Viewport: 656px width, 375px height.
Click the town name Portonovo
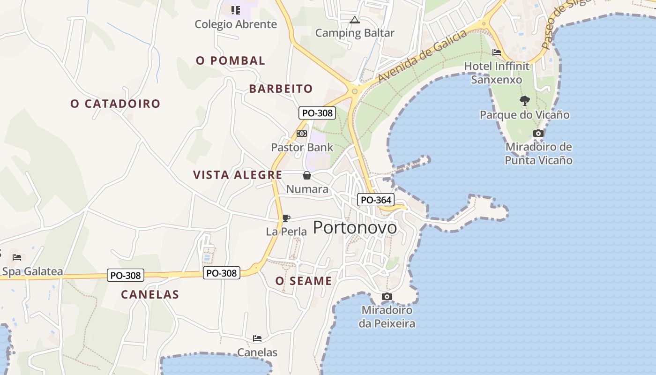pos(355,228)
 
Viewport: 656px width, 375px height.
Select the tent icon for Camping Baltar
pos(355,20)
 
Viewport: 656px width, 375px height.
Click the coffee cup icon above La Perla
pos(286,218)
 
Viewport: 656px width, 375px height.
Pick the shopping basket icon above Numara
pos(306,175)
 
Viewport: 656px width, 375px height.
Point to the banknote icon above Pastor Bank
pos(302,134)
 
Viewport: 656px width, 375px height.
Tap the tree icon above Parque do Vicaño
pos(524,100)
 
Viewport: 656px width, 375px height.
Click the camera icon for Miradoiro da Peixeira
pos(387,296)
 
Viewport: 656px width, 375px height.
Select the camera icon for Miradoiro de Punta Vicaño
pos(538,133)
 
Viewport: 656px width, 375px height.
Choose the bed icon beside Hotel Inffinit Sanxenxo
pos(497,52)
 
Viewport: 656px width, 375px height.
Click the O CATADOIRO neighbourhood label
pos(115,104)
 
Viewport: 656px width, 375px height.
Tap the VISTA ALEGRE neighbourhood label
pos(238,175)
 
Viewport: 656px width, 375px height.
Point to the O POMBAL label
pos(231,60)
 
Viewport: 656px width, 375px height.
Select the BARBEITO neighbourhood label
pos(281,89)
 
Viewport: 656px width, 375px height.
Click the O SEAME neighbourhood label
pos(304,281)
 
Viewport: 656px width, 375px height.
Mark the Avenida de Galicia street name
pos(423,56)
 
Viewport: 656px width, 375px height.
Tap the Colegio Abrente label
pos(236,24)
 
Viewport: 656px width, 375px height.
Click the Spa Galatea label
pos(32,271)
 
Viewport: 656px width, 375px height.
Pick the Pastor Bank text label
pos(302,147)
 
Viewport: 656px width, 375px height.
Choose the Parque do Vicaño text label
pos(524,115)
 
